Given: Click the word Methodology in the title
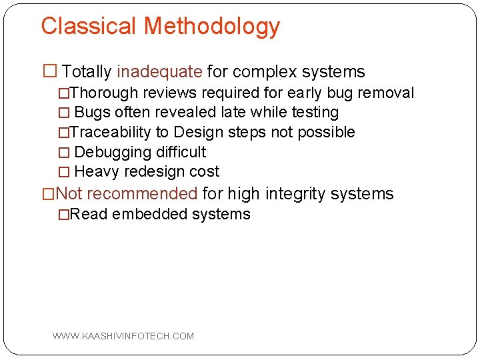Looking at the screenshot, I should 212,27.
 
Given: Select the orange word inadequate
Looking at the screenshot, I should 159,72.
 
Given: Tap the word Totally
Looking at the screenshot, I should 87,72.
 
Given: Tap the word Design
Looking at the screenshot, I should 199,132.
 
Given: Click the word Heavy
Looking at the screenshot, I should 97,171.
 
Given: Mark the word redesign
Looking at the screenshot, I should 154,171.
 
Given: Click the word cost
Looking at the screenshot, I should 204,171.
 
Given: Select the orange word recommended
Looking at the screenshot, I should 142,194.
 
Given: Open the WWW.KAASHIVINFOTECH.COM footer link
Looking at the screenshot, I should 123,336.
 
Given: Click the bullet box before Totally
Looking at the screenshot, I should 49,72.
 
